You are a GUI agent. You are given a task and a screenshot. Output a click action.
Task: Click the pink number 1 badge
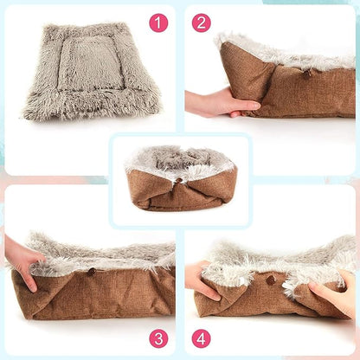coord(158,22)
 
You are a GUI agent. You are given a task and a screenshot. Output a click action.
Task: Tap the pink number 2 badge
coord(201,22)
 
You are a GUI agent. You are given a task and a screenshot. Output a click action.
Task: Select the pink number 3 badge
coord(158,337)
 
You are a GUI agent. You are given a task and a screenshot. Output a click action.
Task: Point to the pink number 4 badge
coord(201,337)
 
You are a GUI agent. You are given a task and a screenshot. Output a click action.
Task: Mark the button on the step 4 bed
coord(270,280)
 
